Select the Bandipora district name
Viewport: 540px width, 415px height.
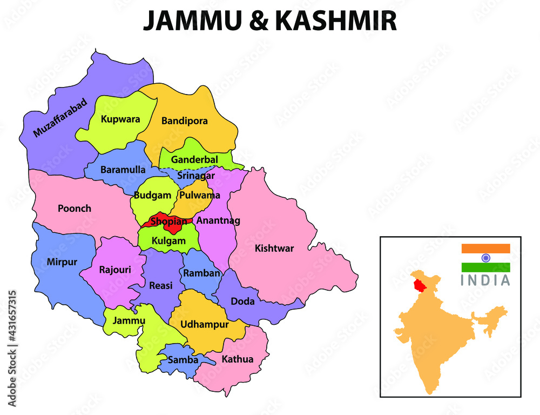click(x=184, y=121)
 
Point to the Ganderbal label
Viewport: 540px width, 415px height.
click(x=194, y=160)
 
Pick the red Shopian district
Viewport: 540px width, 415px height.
click(x=168, y=221)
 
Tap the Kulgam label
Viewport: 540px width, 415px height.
click(x=168, y=241)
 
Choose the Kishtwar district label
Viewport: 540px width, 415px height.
click(x=274, y=248)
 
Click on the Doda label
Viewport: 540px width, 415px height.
click(x=242, y=302)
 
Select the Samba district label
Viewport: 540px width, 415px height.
click(x=183, y=359)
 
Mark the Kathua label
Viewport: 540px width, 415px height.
click(x=237, y=359)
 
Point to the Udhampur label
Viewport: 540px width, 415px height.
click(x=204, y=325)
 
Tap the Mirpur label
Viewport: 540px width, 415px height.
click(x=62, y=262)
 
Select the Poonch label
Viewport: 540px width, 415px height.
click(x=75, y=208)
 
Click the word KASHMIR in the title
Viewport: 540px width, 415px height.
click(x=336, y=21)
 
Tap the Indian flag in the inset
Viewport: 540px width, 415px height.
click(x=485, y=258)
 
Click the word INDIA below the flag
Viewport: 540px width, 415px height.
click(x=485, y=280)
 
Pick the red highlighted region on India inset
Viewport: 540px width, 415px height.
click(x=417, y=284)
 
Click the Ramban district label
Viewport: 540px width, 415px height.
click(x=201, y=273)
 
